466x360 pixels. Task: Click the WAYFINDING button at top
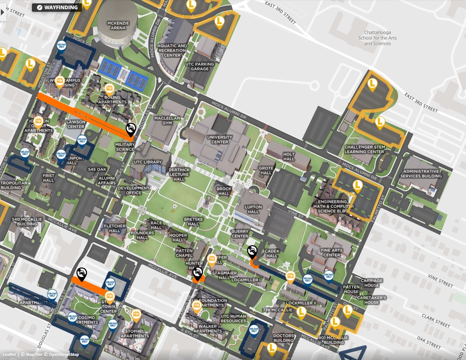(x=57, y=7)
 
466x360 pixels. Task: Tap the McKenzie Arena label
(x=118, y=25)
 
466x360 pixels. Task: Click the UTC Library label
(x=147, y=162)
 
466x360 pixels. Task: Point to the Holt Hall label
(x=289, y=156)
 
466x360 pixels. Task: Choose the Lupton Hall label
(x=253, y=209)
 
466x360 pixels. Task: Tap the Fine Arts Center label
(x=332, y=252)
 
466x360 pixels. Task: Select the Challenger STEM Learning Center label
(x=364, y=149)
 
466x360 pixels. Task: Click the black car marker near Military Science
(x=131, y=128)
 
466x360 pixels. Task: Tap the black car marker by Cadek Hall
(x=252, y=251)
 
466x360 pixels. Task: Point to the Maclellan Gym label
(x=167, y=121)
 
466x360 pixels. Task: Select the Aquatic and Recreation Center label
(x=172, y=50)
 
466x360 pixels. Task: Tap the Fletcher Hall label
(x=115, y=228)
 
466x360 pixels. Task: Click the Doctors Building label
(x=283, y=338)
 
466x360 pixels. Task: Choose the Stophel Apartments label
(x=134, y=334)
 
